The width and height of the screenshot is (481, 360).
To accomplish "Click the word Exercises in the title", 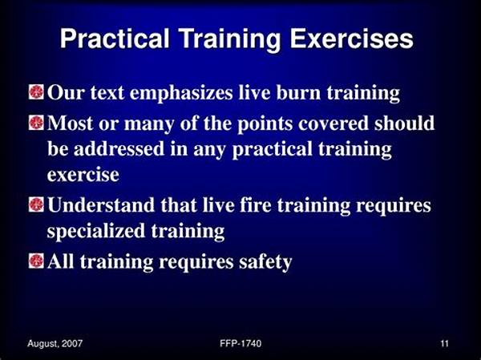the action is [352, 39].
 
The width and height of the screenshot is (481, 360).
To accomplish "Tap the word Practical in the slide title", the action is [115, 39].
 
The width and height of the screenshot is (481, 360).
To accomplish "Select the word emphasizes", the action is [181, 93].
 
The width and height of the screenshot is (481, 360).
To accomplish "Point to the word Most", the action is [71, 123].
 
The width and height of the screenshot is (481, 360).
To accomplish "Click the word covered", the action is [333, 123].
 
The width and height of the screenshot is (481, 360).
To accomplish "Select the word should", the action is [404, 123].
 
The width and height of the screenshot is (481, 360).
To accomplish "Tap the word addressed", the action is [119, 149].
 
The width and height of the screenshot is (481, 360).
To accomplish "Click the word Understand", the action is [101, 204].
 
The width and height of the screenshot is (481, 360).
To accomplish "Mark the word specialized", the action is [96, 231].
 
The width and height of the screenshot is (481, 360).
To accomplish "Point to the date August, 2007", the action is [55, 343].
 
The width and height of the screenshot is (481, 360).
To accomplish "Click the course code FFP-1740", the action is [240, 343].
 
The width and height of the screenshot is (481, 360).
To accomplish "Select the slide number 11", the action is [444, 343].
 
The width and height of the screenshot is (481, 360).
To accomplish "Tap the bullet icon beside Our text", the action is [37, 92].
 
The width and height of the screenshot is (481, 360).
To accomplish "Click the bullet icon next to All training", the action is [37, 261].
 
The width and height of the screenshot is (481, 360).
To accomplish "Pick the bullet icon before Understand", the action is [37, 204].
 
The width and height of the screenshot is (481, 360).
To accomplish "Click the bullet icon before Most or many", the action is [37, 123].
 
